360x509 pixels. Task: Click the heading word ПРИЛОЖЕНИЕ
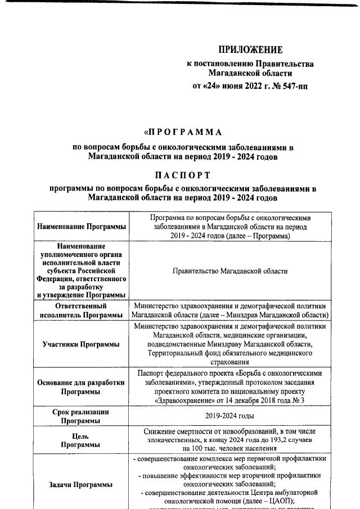pyautogui.click(x=250, y=50)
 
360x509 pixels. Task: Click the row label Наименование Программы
pyautogui.click(x=82, y=227)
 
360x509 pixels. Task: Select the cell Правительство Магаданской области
pyautogui.click(x=231, y=271)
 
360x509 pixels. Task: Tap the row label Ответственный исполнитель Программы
pyautogui.click(x=82, y=310)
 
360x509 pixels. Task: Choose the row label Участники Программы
pyautogui.click(x=82, y=344)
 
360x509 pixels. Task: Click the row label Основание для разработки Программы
pyautogui.click(x=82, y=386)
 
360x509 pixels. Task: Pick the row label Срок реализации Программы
pyautogui.click(x=82, y=416)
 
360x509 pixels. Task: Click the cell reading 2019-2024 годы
pyautogui.click(x=231, y=416)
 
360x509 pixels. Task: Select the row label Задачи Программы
pyautogui.click(x=82, y=484)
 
